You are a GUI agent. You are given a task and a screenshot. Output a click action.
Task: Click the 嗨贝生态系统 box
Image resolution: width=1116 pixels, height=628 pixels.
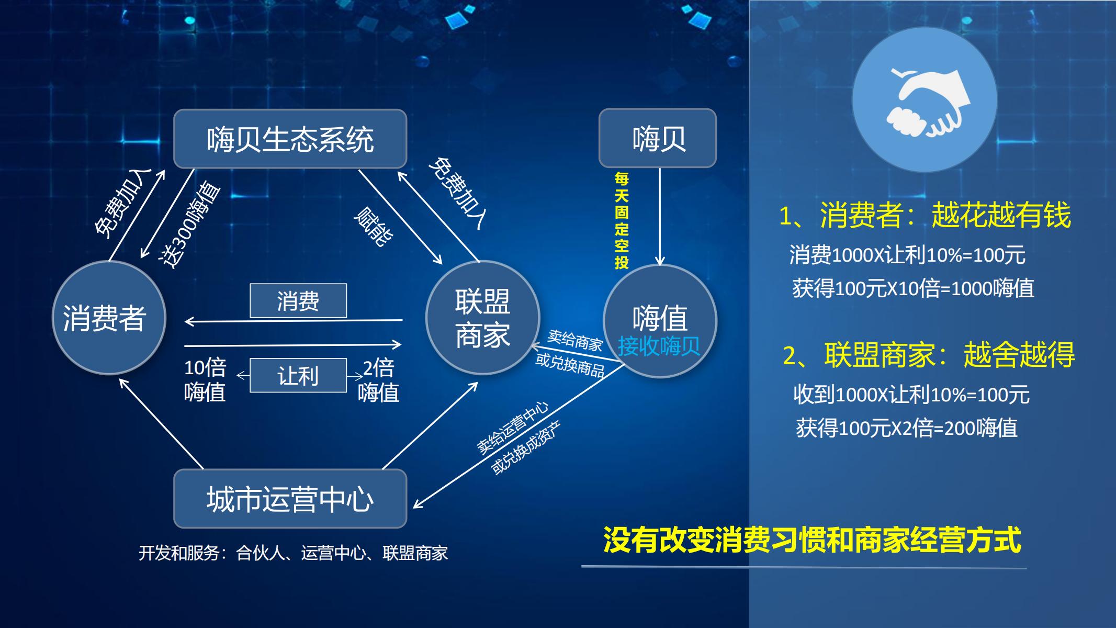[x=290, y=139]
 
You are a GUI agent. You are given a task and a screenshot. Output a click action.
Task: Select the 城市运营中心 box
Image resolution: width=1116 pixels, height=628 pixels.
[x=290, y=498]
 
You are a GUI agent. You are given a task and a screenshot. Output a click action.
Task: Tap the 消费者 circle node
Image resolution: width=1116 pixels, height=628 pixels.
[x=109, y=318]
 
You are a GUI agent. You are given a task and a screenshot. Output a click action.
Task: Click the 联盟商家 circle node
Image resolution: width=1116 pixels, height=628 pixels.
[x=482, y=318]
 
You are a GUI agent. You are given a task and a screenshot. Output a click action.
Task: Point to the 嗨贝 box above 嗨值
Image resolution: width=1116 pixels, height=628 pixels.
[x=658, y=138]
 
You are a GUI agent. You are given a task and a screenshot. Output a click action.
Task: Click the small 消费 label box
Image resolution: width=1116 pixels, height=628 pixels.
[x=298, y=300]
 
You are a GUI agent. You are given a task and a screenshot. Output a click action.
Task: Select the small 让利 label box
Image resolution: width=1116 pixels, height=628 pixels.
[x=298, y=375]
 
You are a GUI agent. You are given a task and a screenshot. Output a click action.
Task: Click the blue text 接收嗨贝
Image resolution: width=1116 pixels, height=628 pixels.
[x=659, y=346]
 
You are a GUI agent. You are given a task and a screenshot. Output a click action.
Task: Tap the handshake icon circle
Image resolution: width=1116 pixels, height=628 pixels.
[x=925, y=100]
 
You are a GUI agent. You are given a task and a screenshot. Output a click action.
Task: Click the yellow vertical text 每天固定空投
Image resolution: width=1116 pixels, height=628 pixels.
[x=622, y=220]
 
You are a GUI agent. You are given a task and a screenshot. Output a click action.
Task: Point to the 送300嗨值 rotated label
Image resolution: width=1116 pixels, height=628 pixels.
[x=190, y=224]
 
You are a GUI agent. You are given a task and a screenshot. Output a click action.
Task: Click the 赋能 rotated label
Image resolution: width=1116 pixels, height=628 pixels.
[x=374, y=226]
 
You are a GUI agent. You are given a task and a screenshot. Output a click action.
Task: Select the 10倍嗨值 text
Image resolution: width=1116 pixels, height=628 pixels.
[x=205, y=380]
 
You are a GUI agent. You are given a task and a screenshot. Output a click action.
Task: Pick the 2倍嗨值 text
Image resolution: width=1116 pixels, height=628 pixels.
[x=378, y=380]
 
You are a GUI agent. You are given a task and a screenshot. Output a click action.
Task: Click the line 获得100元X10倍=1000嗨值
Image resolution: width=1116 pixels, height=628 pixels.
[x=913, y=288]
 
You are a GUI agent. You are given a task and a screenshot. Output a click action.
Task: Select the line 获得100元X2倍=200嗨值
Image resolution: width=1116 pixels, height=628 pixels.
[x=907, y=428]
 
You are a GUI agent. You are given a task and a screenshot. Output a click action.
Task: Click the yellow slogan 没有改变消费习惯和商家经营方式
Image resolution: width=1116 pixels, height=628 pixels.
[x=812, y=540]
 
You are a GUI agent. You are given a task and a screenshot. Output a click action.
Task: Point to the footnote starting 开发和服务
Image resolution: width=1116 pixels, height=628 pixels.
[x=293, y=553]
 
